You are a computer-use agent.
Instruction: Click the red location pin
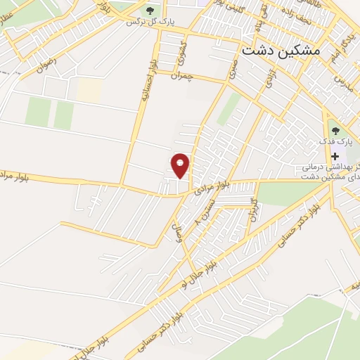tap(181, 165)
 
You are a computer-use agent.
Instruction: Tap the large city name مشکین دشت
tap(280, 51)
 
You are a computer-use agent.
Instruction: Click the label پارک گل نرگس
tap(150, 22)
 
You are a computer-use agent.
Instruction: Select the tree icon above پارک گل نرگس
tap(149, 10)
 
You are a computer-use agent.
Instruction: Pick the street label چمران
tap(181, 75)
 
